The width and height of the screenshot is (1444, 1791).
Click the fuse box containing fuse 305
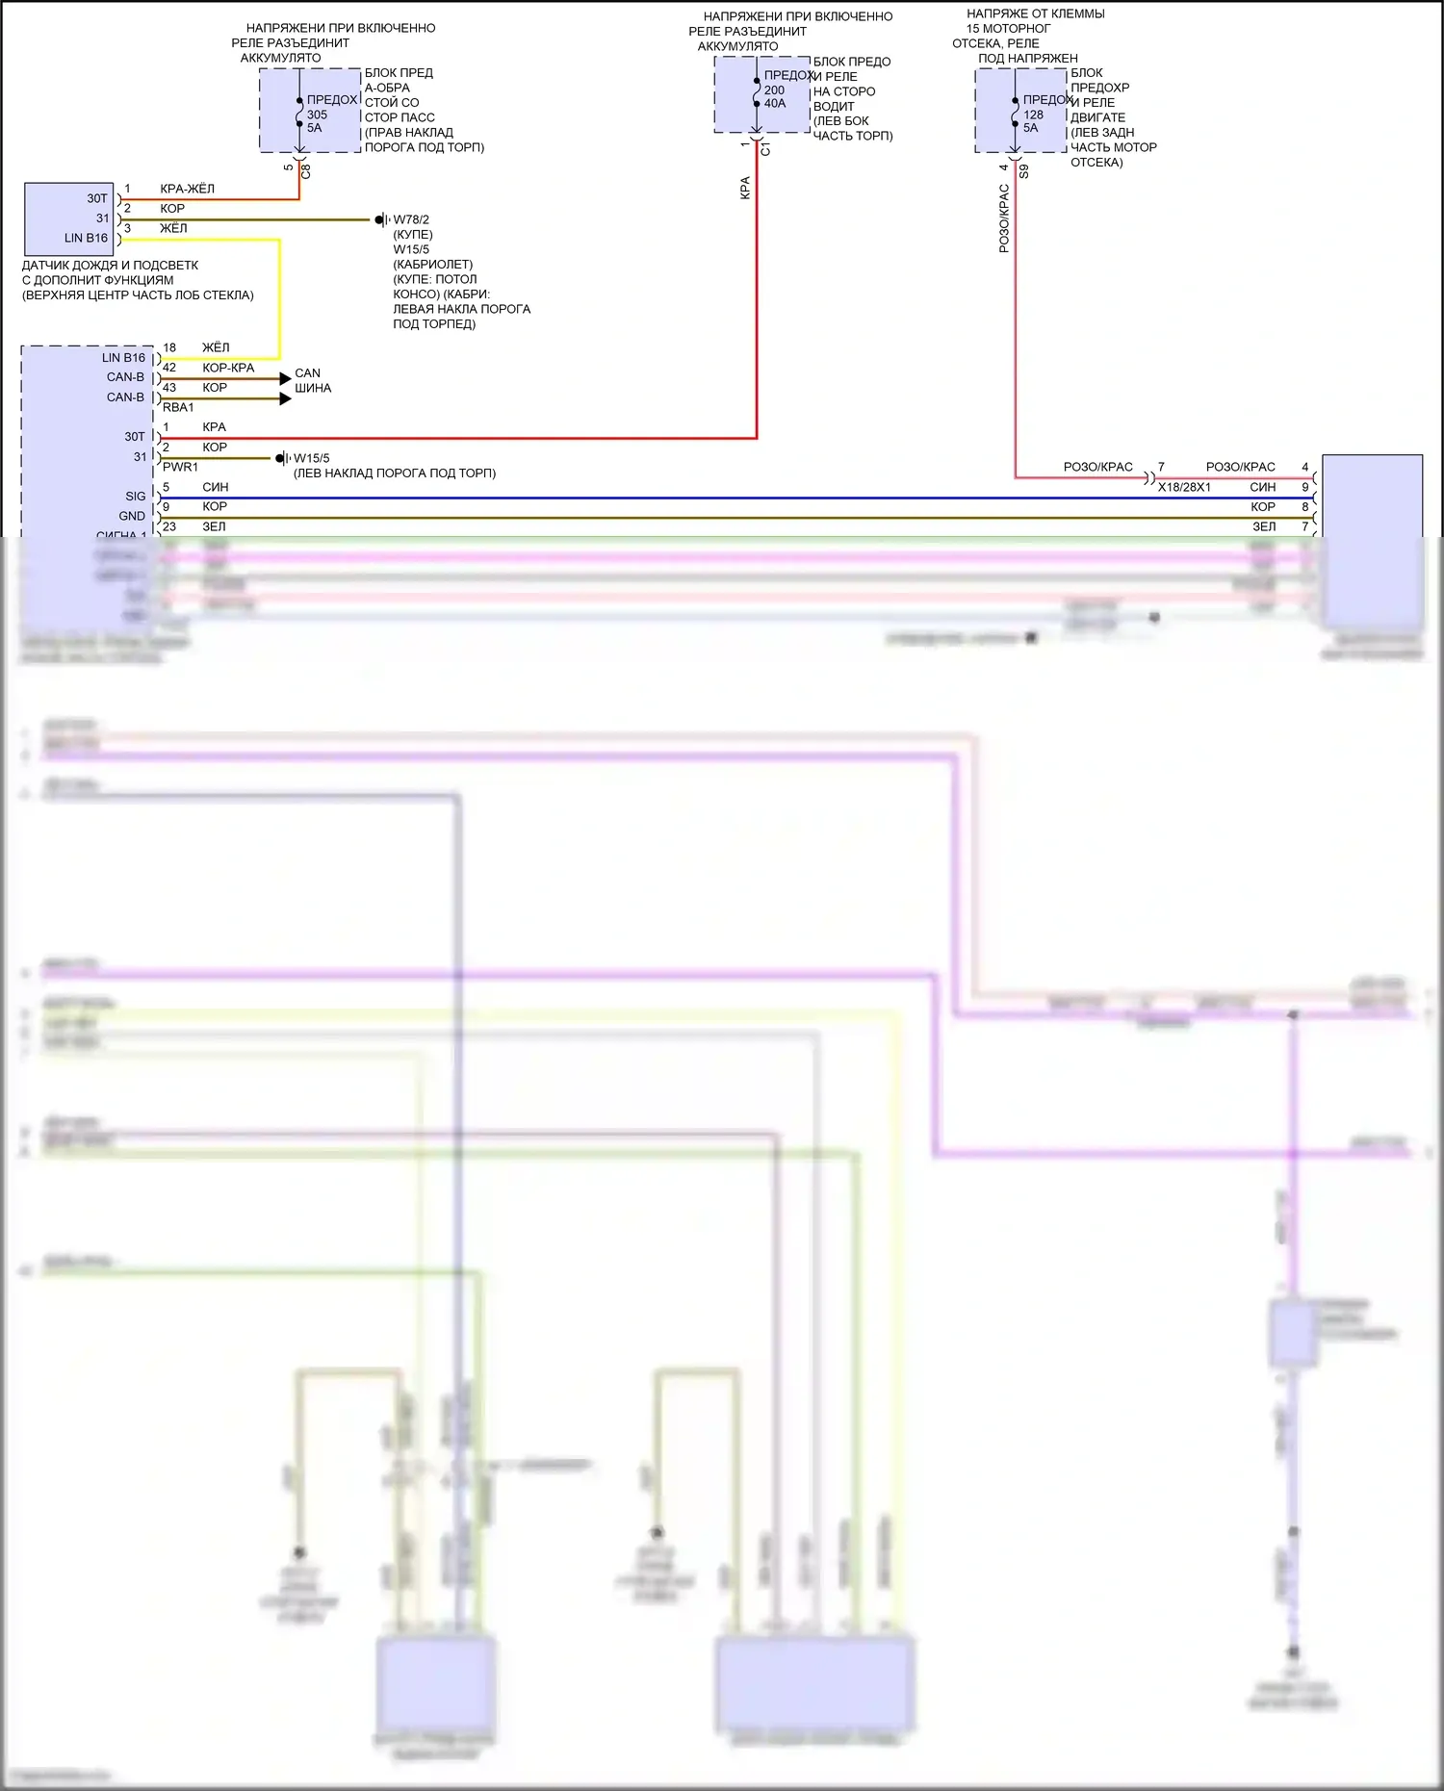[x=310, y=110]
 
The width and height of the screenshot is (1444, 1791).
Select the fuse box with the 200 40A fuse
[x=761, y=93]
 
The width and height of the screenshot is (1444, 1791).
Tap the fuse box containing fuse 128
[x=1020, y=110]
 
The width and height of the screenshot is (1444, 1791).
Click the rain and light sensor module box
[x=68, y=217]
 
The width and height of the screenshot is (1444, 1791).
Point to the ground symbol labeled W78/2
[x=382, y=220]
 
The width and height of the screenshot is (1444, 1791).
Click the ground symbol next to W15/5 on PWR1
[x=282, y=458]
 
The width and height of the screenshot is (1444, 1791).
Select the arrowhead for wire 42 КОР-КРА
[x=285, y=379]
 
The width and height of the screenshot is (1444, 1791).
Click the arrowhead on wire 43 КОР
[x=285, y=398]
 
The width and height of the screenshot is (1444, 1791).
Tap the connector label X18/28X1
[x=1184, y=488]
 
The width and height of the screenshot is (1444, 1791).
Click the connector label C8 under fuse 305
[x=306, y=171]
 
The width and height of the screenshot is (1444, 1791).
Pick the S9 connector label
[x=1024, y=171]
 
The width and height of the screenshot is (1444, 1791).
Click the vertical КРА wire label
[x=745, y=188]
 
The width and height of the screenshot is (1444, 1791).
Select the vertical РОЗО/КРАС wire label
[x=1004, y=219]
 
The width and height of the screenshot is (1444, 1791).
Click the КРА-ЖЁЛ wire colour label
[x=187, y=189]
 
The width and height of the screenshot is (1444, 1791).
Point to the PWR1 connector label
[x=180, y=468]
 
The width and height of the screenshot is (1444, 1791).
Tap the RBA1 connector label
[x=178, y=408]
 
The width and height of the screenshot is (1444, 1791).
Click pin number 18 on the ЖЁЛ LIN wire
[x=169, y=347]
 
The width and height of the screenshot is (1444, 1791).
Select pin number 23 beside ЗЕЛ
[x=169, y=526]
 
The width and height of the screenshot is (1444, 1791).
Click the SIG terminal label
[x=136, y=497]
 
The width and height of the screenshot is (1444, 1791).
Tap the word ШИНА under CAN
[x=313, y=389]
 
